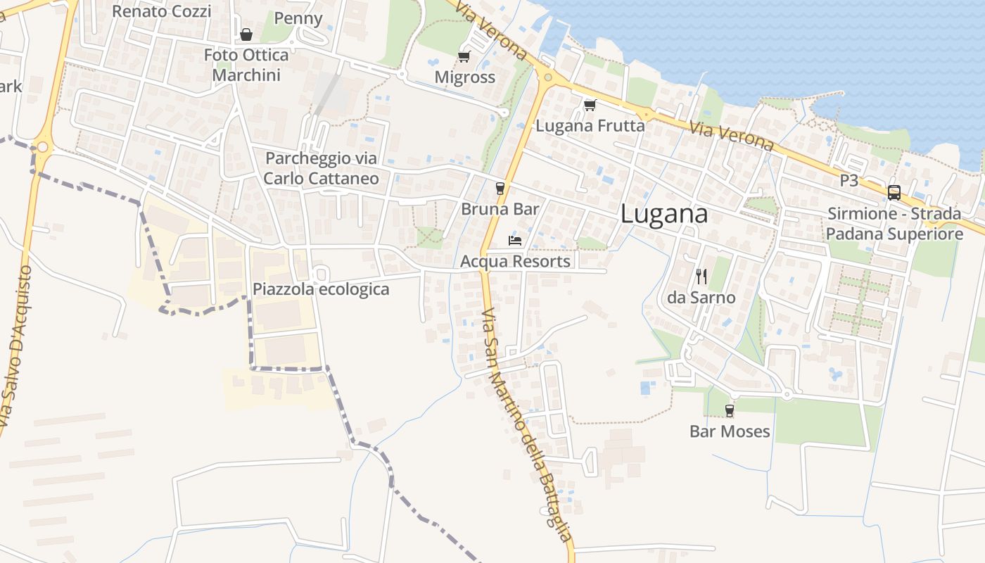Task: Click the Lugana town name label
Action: point(664,215)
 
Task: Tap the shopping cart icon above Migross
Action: point(464,56)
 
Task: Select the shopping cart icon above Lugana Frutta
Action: point(590,105)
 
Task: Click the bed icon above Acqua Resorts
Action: point(515,241)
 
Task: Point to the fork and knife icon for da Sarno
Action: point(701,276)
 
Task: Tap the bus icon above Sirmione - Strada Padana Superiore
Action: point(894,192)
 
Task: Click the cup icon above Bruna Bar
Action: point(500,188)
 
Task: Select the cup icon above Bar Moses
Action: point(730,410)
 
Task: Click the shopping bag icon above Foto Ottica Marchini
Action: point(246,34)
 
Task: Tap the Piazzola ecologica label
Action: point(321,289)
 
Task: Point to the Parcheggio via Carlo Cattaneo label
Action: point(321,168)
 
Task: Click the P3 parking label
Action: point(849,180)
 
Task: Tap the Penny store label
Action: point(298,18)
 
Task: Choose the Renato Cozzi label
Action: point(161,11)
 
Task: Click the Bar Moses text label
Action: point(730,431)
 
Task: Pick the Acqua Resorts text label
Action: point(515,261)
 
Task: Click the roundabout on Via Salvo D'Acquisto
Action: point(42,148)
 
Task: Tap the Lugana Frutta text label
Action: point(590,125)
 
